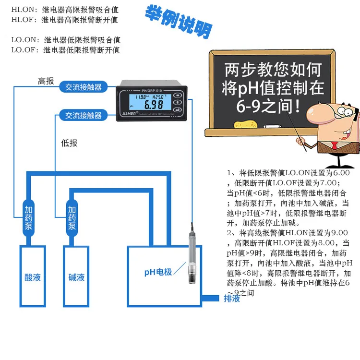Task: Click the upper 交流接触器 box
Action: point(84,87)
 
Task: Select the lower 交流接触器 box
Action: point(84,116)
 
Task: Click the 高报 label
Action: point(46,81)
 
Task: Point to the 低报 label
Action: point(69,143)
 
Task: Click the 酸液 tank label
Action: point(33,277)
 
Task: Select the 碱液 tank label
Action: point(76,277)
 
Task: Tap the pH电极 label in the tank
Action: point(158,272)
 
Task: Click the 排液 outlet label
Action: point(232,299)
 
